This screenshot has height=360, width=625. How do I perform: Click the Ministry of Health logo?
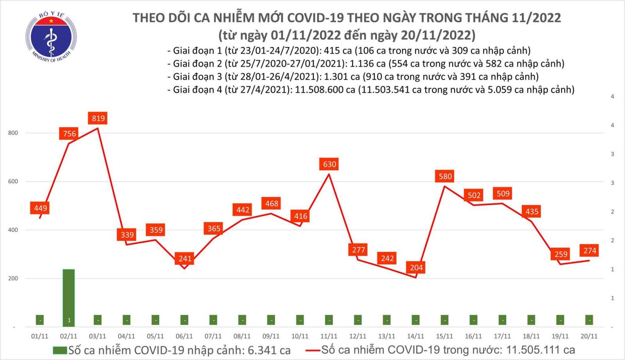51,37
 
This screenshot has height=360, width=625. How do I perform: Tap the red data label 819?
98,118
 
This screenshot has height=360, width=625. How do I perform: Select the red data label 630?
329,164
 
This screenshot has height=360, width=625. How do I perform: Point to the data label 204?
416,267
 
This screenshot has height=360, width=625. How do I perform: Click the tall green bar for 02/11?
69,297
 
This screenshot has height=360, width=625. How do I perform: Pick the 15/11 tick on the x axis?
445,336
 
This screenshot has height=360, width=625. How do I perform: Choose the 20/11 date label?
589,336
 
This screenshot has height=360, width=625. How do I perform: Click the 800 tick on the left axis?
13,133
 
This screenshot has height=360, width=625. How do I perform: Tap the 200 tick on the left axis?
13,278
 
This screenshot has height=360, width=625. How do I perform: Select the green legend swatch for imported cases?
60,350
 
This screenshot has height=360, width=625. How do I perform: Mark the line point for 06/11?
184,268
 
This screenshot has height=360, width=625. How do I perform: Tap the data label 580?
445,176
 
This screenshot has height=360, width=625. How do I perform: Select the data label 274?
589,251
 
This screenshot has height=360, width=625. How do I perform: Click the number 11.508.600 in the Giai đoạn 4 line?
325,90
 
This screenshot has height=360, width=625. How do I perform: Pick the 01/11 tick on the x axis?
39,336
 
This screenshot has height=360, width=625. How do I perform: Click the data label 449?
40,208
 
